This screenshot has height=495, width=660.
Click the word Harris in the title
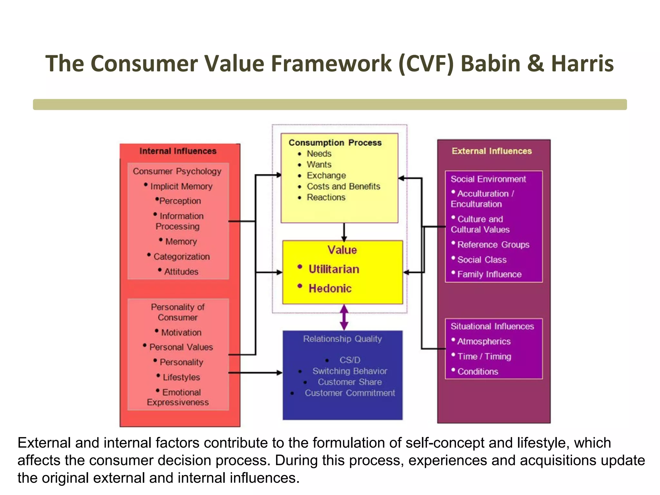pos(582,63)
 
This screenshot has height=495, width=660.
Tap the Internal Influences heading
pos(178,151)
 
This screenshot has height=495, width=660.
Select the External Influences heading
pos(492,151)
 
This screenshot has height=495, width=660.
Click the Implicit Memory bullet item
pos(181,186)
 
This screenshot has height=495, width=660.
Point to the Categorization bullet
pos(181,257)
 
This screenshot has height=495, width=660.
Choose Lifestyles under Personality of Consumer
pos(181,377)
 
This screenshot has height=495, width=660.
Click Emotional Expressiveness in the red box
pos(178,397)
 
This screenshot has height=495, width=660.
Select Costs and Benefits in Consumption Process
pos(343,186)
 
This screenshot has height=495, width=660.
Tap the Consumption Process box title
pos(335,142)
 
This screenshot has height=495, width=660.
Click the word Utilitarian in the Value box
pos(334,269)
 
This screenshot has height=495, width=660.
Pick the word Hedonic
pos(330,288)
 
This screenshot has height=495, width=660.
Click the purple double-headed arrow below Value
pos(344,317)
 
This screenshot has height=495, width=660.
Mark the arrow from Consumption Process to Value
pos(344,232)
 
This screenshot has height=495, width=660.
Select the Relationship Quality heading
pos(342,339)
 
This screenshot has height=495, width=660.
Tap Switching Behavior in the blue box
pos(350,371)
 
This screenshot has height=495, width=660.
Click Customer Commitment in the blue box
pos(350,393)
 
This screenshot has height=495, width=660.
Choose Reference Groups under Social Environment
pos(493,245)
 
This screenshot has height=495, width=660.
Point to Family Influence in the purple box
pos(489,274)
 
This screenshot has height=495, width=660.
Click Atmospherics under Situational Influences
pos(484,341)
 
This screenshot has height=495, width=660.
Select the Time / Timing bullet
pos(484,356)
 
